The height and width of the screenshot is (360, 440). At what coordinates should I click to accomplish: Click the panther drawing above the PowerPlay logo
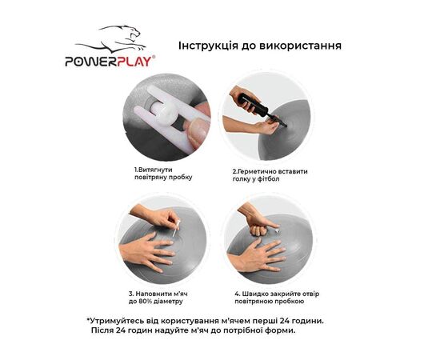pos(111,38)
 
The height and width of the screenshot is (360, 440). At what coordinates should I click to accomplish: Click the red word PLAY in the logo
pos(134,62)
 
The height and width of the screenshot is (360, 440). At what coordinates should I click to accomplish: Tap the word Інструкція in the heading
pos(208,46)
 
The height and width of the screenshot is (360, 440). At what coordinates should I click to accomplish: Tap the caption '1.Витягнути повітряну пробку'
pos(163,174)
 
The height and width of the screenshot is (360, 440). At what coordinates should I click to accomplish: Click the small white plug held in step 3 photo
pos(177,229)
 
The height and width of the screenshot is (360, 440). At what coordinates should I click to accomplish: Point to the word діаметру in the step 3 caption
pos(168,302)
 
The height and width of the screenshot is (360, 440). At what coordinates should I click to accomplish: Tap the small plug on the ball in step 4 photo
pos(278,231)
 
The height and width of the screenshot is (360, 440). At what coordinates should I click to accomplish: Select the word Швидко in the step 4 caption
pos(254,294)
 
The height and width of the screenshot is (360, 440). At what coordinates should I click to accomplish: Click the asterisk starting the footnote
pos(88,319)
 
